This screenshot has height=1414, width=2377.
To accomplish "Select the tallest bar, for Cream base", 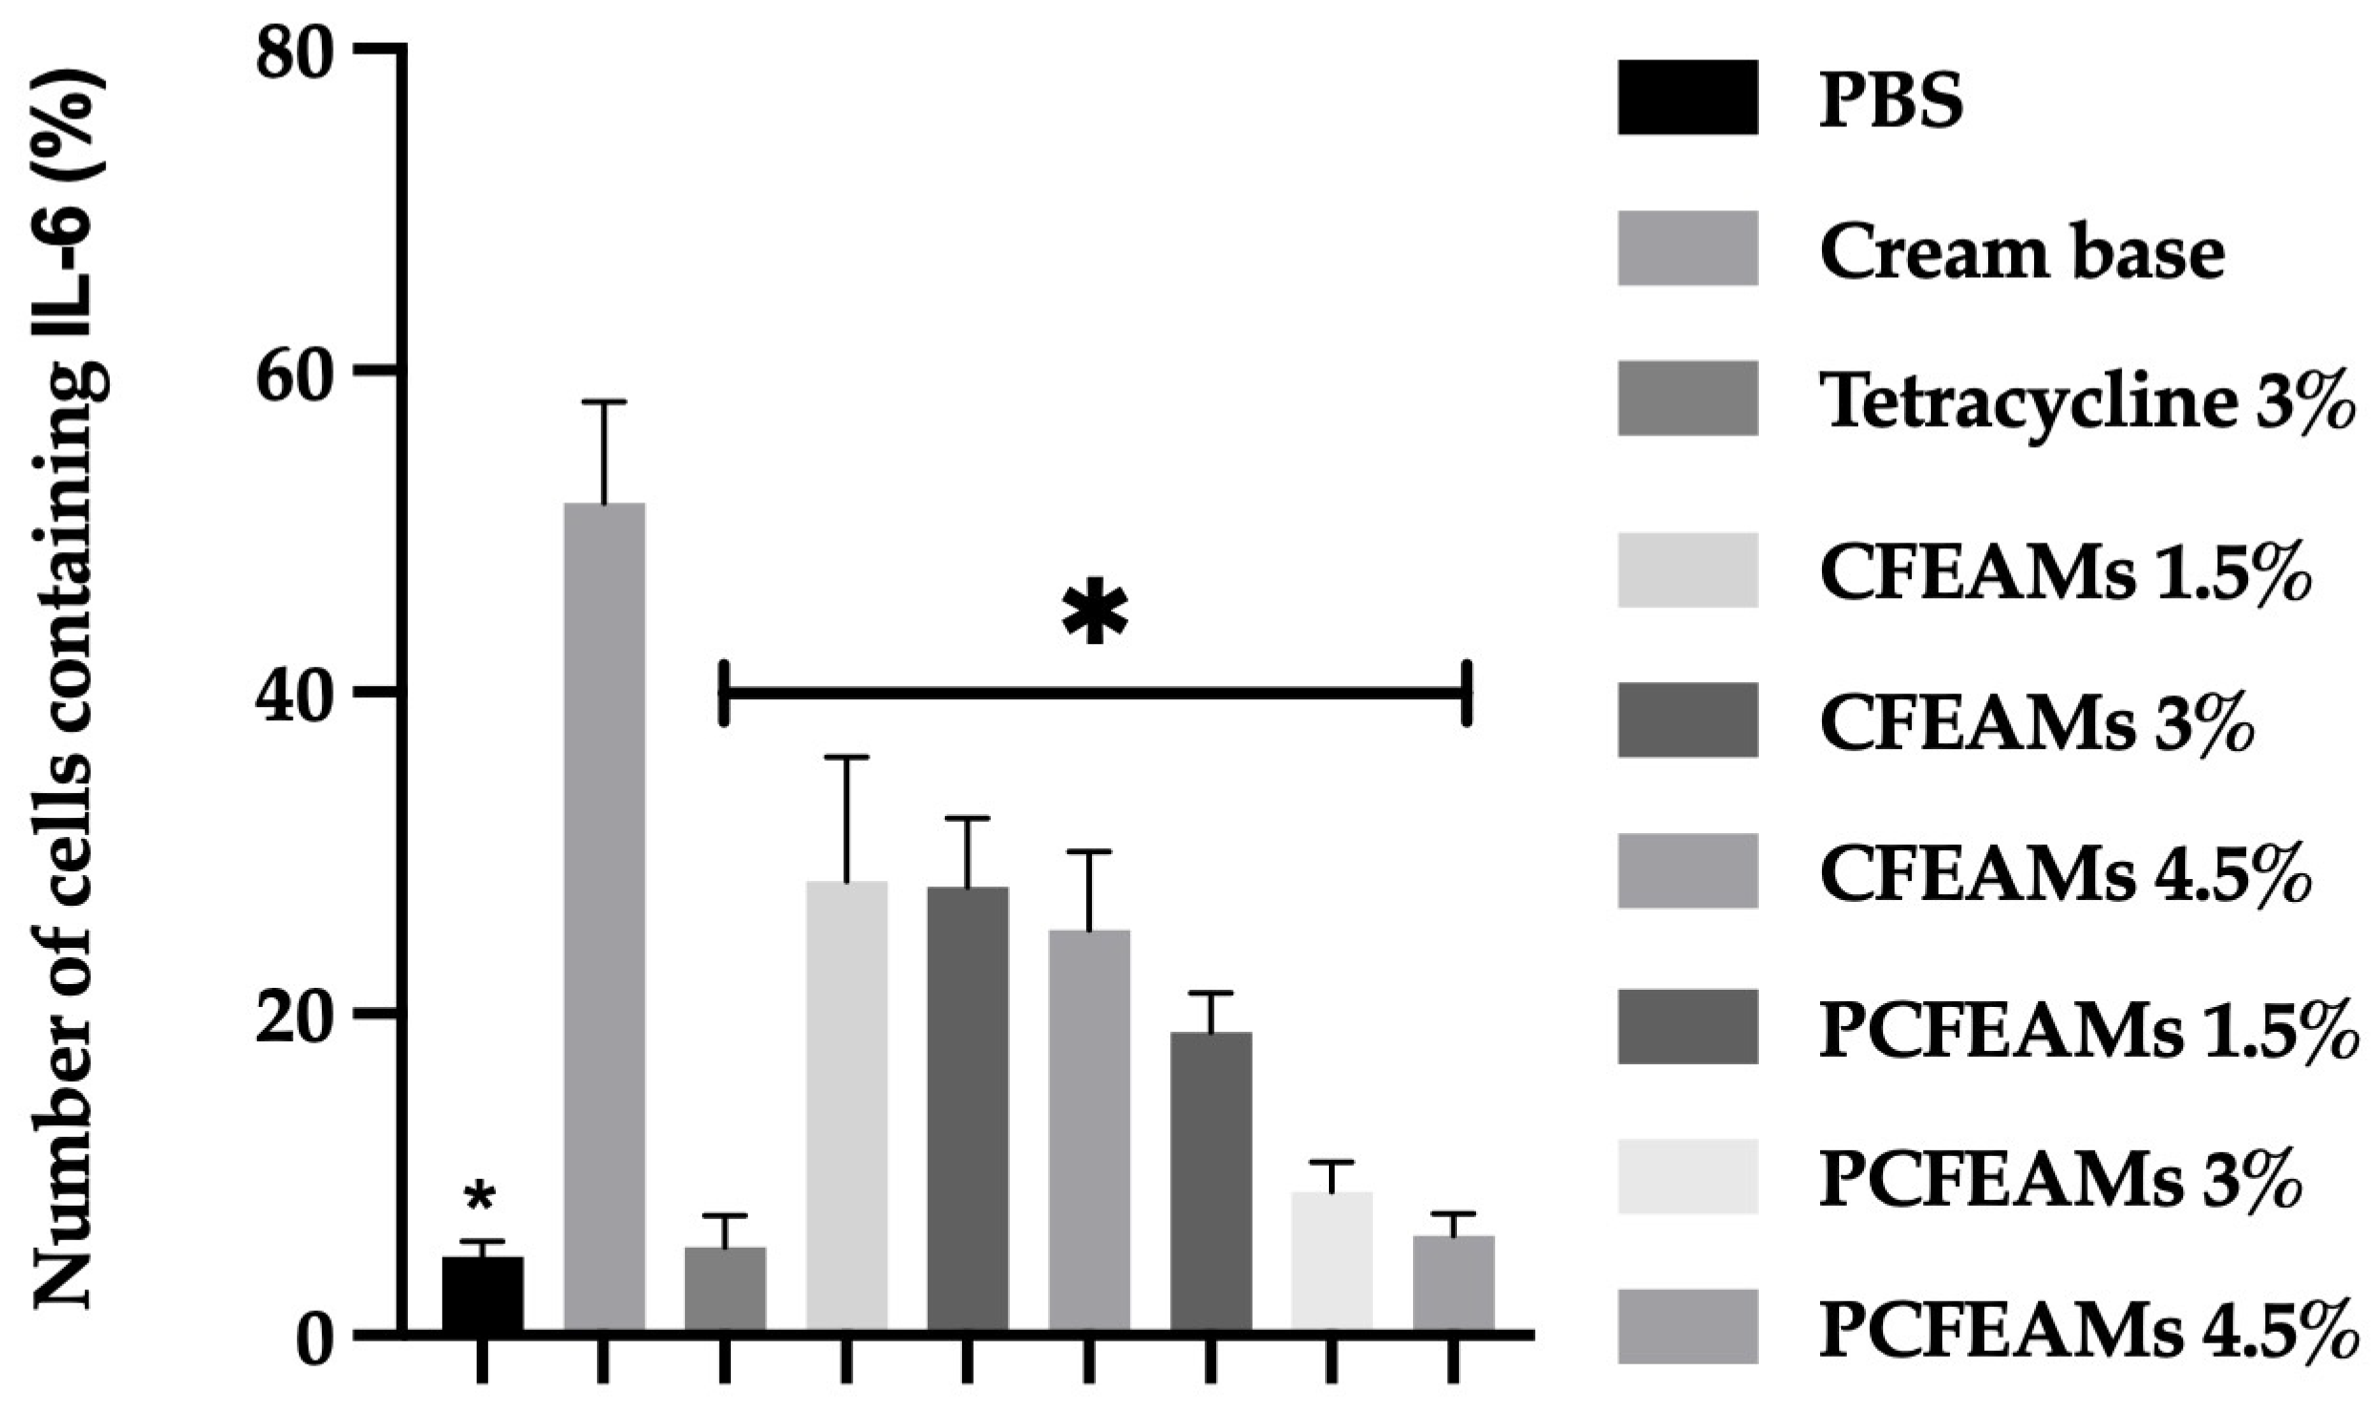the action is click(x=605, y=916).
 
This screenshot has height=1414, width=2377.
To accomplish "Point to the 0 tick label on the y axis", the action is click(x=320, y=1335).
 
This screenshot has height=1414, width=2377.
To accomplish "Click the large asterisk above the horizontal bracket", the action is click(x=1095, y=612).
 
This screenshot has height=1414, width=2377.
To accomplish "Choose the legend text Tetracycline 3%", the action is click(x=2097, y=403).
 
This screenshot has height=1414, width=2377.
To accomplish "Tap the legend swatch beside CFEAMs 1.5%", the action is click(x=1688, y=569).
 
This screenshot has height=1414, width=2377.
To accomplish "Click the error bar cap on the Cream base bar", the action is click(x=605, y=402).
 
